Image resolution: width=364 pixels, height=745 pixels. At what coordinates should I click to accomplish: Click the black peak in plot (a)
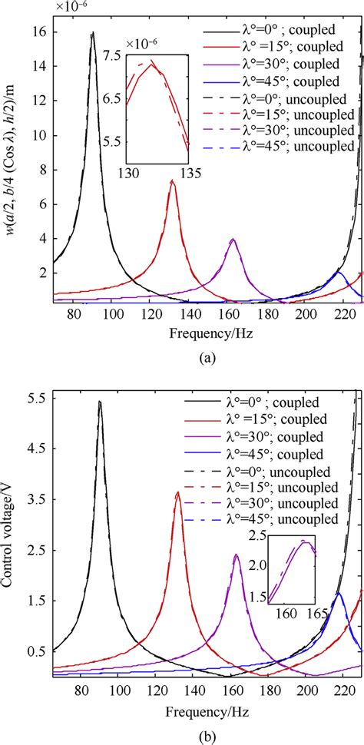click(x=93, y=32)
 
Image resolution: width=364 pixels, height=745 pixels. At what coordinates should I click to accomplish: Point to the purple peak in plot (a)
click(x=233, y=240)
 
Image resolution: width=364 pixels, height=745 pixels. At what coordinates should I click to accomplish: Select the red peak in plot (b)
click(x=177, y=492)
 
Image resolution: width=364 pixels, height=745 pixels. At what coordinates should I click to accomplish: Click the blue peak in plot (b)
click(x=338, y=593)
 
